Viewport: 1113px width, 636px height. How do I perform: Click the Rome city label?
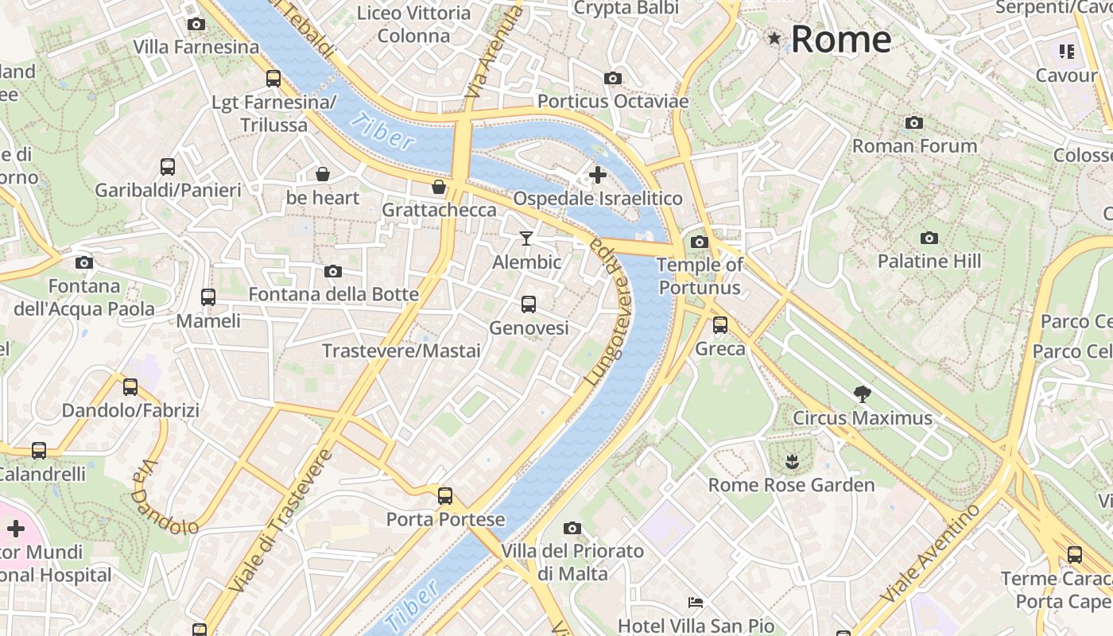(840, 39)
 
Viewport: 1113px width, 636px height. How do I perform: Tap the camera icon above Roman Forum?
(914, 122)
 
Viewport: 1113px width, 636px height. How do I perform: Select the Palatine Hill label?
(929, 261)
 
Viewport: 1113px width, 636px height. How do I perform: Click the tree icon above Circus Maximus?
(861, 393)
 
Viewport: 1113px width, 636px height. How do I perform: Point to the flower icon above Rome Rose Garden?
(791, 460)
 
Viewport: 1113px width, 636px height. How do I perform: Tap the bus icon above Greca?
(719, 324)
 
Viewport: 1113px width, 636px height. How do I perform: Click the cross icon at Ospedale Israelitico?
(597, 174)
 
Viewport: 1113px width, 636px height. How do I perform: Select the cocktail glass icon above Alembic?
(525, 238)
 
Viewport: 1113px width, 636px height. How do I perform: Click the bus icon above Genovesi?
(528, 304)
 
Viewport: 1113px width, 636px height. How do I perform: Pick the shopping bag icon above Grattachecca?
(438, 187)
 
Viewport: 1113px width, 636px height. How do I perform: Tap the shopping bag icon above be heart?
(323, 173)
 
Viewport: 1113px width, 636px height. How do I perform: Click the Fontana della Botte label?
(333, 294)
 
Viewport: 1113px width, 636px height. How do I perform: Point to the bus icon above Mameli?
(207, 297)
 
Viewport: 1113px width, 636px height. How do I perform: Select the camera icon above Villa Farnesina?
(196, 24)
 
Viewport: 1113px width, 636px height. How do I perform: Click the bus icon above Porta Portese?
(445, 496)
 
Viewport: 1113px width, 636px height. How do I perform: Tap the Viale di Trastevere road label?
(280, 521)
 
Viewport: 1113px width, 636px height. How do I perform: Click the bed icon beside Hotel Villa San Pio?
(696, 603)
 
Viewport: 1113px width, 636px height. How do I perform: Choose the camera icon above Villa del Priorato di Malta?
(572, 528)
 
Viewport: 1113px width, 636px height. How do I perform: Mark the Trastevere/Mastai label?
(401, 351)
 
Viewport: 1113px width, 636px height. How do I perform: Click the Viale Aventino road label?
(931, 553)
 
